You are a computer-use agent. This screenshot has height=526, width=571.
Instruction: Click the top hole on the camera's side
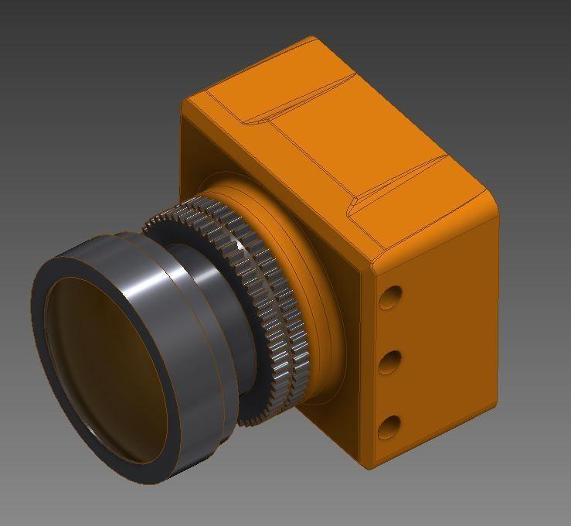[391, 297]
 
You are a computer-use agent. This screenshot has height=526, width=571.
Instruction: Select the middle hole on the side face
[391, 361]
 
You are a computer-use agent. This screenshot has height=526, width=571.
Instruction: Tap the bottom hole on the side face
[391, 425]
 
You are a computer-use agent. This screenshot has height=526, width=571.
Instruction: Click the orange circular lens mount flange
[309, 255]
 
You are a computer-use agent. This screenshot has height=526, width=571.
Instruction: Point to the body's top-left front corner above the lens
[186, 104]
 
